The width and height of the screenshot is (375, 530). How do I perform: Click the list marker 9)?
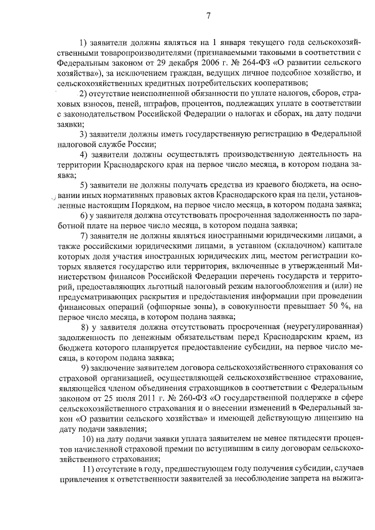[86, 368]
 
